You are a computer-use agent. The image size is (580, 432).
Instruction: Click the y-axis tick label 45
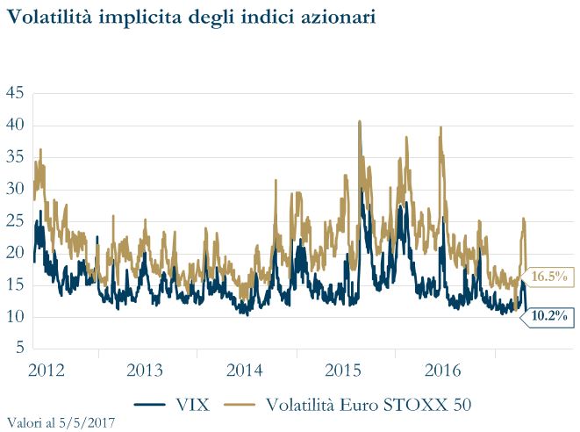point(15,94)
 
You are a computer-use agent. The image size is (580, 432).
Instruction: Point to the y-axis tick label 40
point(15,126)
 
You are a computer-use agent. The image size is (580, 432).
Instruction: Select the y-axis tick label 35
point(15,157)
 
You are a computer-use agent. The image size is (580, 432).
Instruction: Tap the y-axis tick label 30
point(15,189)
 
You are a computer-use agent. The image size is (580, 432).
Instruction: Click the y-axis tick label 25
point(15,221)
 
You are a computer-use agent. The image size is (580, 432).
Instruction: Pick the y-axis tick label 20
point(15,253)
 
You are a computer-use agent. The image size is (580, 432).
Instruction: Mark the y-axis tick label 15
point(15,284)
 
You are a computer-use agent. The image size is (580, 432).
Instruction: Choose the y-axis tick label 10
point(15,317)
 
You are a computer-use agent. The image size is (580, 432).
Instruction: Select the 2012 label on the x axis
point(47,369)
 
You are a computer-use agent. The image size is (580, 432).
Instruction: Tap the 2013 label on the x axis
point(146,369)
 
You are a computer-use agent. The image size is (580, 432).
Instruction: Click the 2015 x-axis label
point(343,369)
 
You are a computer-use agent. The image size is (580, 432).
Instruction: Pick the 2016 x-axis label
point(442,369)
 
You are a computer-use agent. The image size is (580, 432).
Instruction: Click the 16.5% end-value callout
point(549,277)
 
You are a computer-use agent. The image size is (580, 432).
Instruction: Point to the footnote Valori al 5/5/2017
point(60,422)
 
